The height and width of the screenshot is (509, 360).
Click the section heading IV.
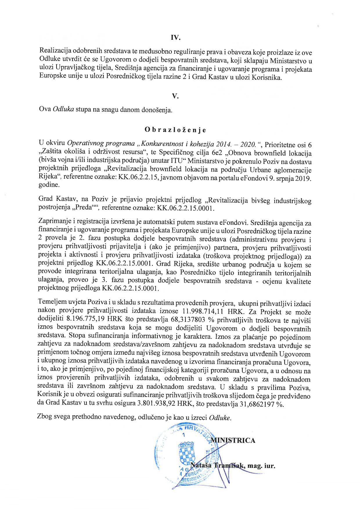pyautogui.click(x=175, y=37)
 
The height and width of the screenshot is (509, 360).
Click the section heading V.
pyautogui.click(x=175, y=96)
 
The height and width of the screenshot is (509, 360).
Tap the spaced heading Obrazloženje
pyautogui.click(x=175, y=130)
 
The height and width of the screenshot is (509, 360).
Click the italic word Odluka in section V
pyautogui.click(x=63, y=109)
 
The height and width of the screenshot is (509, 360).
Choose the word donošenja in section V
pyautogui.click(x=157, y=110)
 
